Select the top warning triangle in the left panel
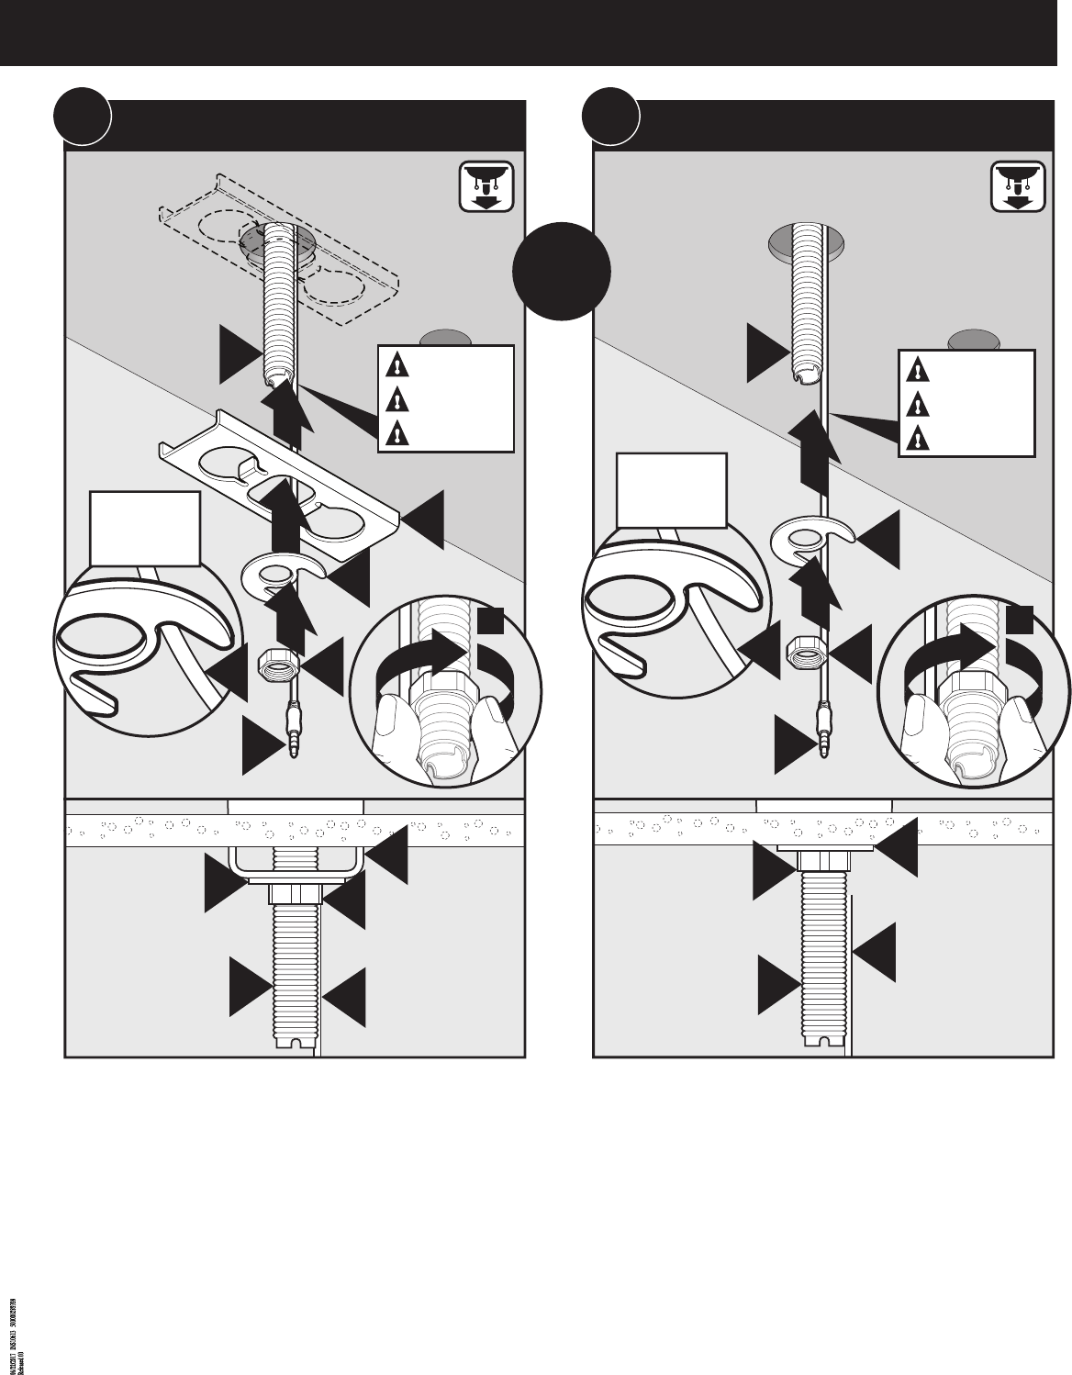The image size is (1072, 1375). pos(396,367)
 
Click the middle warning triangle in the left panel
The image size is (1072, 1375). pos(396,399)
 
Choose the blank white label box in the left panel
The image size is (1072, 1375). pos(145,528)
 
